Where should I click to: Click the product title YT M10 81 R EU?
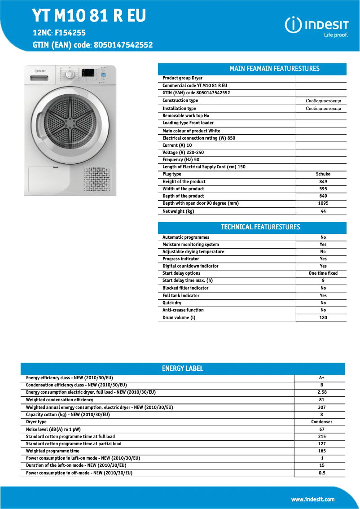[x=89, y=16]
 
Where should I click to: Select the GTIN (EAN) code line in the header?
[x=92, y=45]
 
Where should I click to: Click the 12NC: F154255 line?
[x=59, y=33]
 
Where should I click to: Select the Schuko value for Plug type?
[x=323, y=174]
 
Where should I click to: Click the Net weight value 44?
[x=323, y=211]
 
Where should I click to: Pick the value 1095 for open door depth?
[x=323, y=203]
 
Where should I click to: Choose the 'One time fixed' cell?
[x=323, y=273]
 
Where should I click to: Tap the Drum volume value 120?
[x=323, y=317]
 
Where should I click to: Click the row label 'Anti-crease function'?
[x=183, y=310]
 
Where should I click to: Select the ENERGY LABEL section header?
[x=182, y=369]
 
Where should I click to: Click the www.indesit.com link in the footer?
[x=312, y=499]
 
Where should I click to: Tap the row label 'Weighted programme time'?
[x=53, y=451]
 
